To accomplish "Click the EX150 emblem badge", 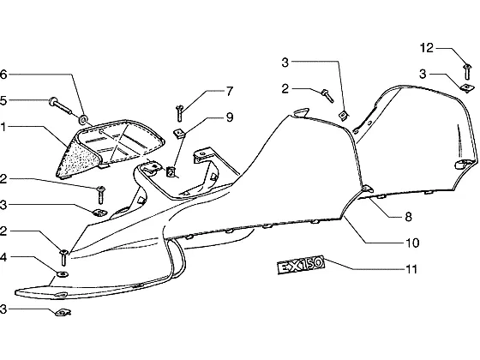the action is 300,265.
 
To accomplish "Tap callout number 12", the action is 427,48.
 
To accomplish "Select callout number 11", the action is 411,269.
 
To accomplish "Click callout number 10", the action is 412,243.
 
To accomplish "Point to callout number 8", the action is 408,217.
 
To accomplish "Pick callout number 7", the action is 230,91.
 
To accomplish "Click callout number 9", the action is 230,117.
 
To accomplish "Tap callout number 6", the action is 3,75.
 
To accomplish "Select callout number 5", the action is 3,101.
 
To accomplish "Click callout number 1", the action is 3,127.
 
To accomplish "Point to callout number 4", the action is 3,257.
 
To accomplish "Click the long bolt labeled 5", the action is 60,105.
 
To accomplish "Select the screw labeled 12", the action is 467,72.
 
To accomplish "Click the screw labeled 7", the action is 180,113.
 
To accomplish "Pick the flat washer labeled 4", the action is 63,273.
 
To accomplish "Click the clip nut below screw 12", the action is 467,87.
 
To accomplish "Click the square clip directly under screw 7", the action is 179,133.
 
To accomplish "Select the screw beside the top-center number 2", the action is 327,95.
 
